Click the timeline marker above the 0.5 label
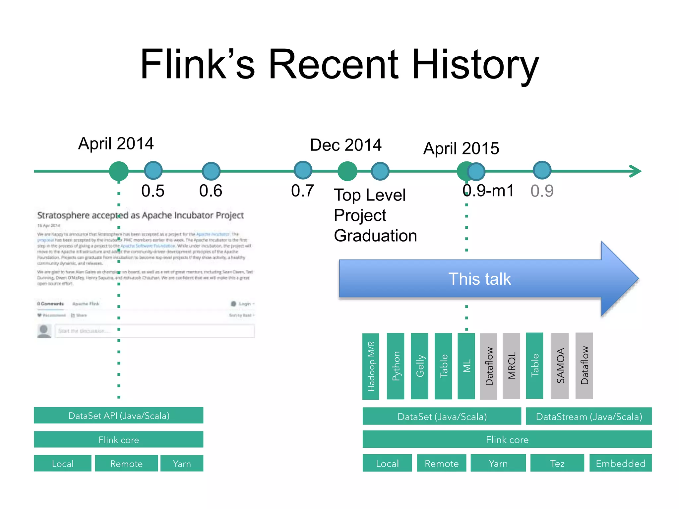point(153,171)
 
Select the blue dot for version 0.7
point(303,170)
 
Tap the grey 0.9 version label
point(542,191)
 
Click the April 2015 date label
point(461,148)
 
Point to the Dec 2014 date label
point(345,145)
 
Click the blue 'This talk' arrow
point(479,279)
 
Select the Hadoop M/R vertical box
point(371,366)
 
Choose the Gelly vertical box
point(419,366)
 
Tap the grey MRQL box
point(511,366)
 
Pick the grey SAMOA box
point(560,366)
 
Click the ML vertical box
point(466,366)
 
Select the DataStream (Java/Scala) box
point(588,416)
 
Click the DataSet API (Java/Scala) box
point(119,416)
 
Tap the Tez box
point(557,463)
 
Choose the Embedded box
point(620,463)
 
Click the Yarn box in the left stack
point(182,463)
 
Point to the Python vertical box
point(396,366)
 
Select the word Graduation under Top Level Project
point(375,236)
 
